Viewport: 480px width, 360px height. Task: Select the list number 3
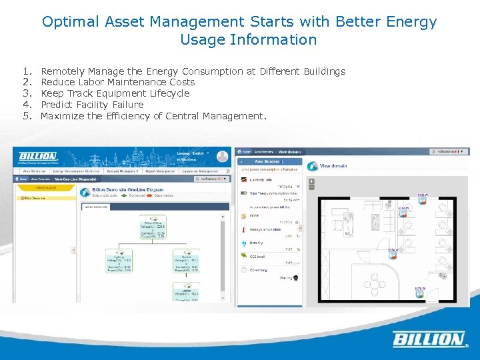(27, 93)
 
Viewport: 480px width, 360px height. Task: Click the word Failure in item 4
(128, 105)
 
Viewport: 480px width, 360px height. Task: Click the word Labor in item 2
(93, 82)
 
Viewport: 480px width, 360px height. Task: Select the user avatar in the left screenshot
(222, 157)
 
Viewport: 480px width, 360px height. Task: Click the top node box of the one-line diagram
(152, 227)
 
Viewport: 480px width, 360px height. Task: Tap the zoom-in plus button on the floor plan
(311, 180)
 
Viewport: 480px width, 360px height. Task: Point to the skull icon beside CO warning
(295, 277)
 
